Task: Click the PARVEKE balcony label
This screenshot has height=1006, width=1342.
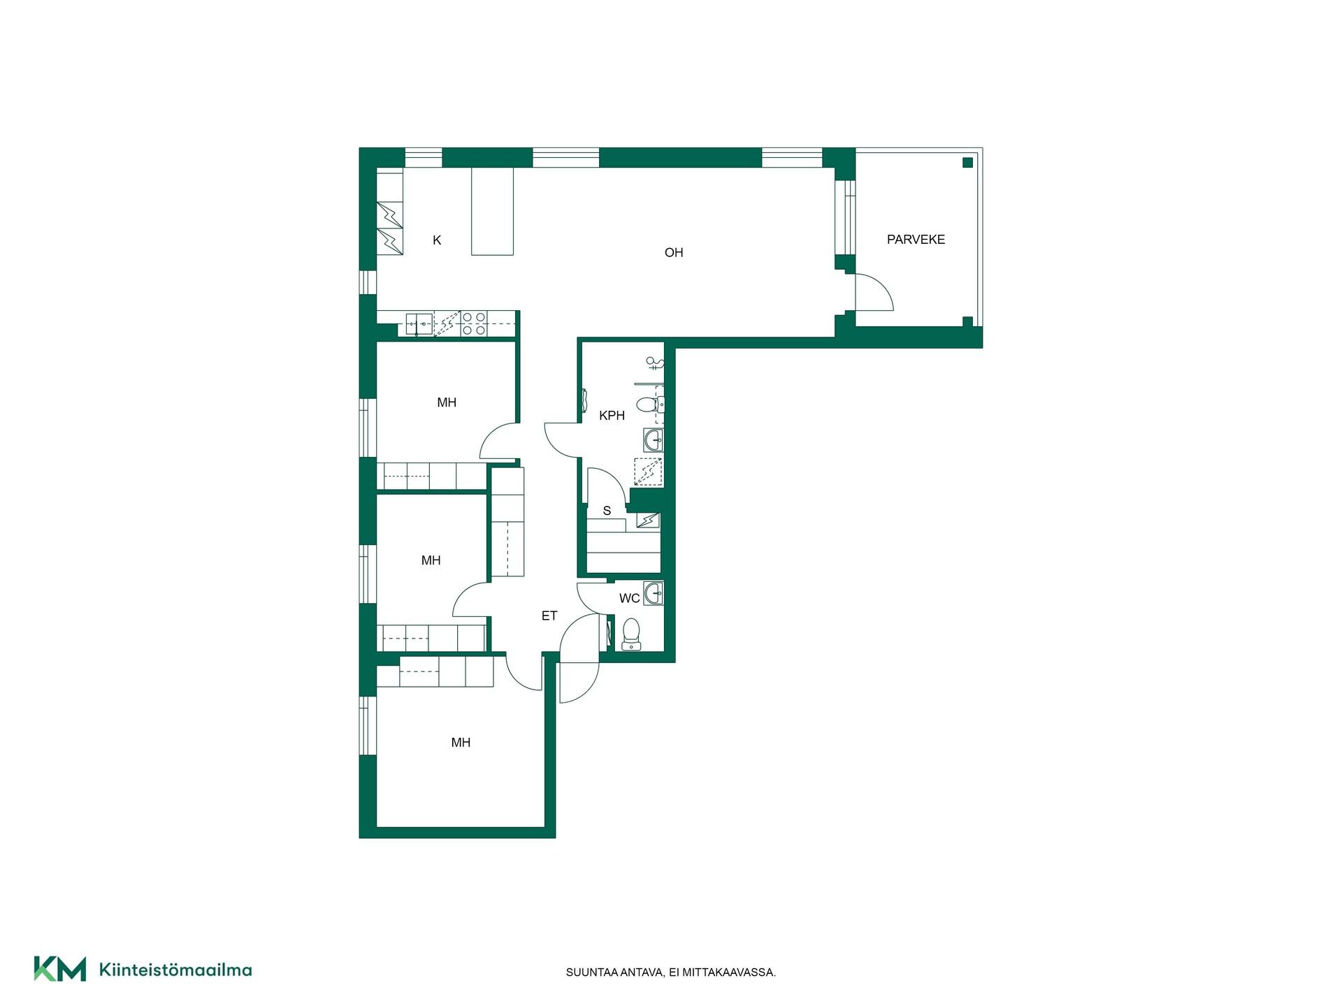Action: pyautogui.click(x=916, y=240)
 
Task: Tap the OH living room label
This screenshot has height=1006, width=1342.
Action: pyautogui.click(x=674, y=253)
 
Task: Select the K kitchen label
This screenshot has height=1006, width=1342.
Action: pyautogui.click(x=437, y=240)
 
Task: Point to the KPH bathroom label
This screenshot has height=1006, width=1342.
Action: pyautogui.click(x=612, y=416)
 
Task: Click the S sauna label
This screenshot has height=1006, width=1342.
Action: pyautogui.click(x=607, y=511)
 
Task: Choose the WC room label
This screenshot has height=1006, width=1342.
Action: pyautogui.click(x=629, y=599)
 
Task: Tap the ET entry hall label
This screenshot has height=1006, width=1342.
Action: pyautogui.click(x=549, y=616)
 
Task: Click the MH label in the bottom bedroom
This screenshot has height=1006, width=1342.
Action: pyautogui.click(x=461, y=743)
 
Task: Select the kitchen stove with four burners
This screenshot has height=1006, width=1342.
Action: pyautogui.click(x=473, y=323)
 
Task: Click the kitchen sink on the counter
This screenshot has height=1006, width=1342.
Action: pyautogui.click(x=419, y=323)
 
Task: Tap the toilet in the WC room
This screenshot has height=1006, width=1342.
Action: pyautogui.click(x=631, y=634)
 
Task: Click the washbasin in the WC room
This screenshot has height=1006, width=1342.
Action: pyautogui.click(x=654, y=594)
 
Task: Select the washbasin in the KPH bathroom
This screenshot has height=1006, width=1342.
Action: pyautogui.click(x=654, y=440)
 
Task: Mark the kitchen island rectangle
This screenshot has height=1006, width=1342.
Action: pyautogui.click(x=493, y=212)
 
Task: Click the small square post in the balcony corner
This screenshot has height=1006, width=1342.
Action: pyautogui.click(x=967, y=163)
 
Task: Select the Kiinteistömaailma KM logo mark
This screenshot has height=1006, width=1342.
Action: pyautogui.click(x=60, y=969)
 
